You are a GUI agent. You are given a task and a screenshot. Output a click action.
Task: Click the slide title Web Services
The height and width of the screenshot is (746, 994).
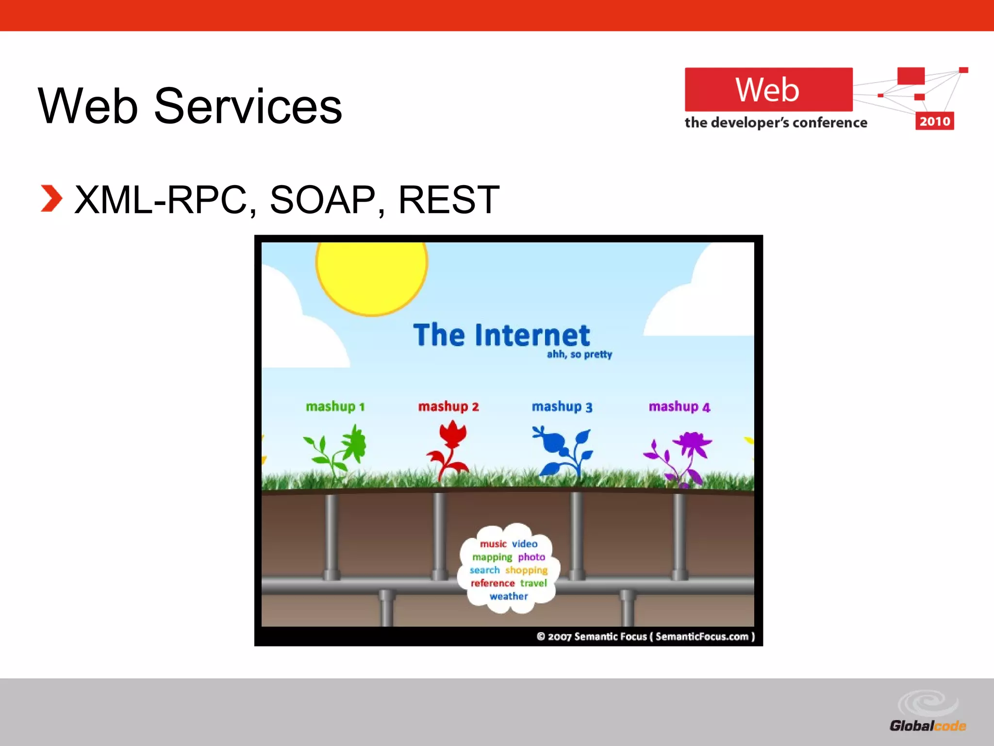point(190,106)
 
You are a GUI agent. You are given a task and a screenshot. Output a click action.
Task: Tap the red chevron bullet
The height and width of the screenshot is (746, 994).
point(51,199)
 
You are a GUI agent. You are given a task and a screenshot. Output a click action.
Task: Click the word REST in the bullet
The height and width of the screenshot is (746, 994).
point(448,200)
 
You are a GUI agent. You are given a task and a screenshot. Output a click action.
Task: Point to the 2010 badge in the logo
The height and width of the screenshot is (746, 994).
point(934,121)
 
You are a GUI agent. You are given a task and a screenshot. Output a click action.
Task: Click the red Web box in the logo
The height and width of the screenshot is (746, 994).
point(768,90)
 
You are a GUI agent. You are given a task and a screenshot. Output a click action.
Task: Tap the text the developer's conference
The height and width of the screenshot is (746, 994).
point(775,122)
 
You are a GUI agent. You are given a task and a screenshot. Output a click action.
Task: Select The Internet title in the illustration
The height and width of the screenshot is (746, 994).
point(501,335)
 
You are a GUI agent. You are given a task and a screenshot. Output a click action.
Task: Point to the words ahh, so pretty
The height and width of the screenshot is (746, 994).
point(579,354)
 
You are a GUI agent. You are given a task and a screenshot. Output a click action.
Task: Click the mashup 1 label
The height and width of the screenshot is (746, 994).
point(335,406)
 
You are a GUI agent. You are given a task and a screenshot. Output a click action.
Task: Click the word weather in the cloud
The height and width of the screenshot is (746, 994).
point(508,596)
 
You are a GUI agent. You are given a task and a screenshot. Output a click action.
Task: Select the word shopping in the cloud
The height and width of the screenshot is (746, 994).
point(526,570)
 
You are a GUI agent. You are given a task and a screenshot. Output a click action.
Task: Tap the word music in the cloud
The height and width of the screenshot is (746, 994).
point(493,544)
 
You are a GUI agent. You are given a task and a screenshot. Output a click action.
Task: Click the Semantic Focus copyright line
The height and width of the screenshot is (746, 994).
point(646,636)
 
